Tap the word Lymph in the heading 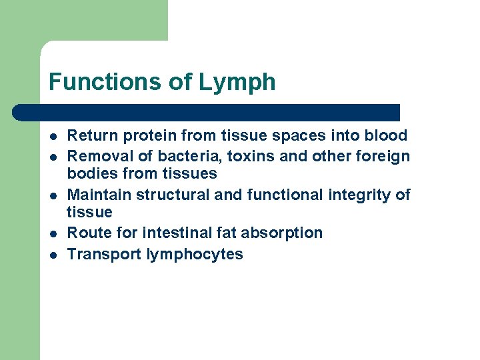237,82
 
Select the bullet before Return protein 53,136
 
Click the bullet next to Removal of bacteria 53,157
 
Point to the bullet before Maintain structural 53,195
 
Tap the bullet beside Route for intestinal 53,233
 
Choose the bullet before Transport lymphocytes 53,255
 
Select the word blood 386,136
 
